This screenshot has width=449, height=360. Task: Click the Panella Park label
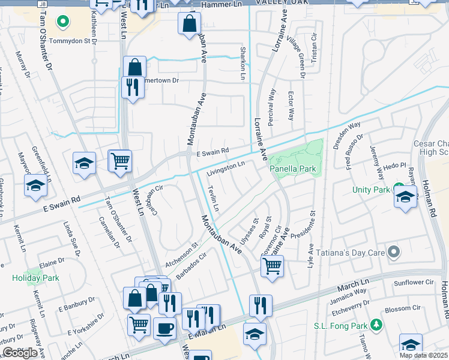point(293,169)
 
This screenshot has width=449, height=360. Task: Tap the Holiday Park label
point(35,278)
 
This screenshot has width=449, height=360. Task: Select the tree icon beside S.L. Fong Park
point(376,325)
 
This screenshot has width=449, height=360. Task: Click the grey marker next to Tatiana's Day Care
point(393,252)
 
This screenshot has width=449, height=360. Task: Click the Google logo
point(20,353)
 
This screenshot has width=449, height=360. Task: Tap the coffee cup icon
point(164,328)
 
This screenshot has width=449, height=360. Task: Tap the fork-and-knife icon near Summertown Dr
point(130,88)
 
